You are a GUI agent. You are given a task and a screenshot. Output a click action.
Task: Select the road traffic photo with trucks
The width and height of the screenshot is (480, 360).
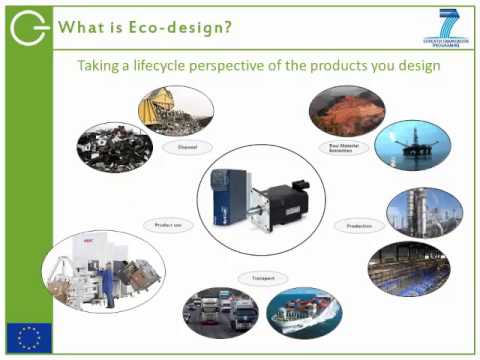tap(221, 312)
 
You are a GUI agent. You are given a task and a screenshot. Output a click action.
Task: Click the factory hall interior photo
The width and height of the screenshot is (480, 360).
tap(408, 266)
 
